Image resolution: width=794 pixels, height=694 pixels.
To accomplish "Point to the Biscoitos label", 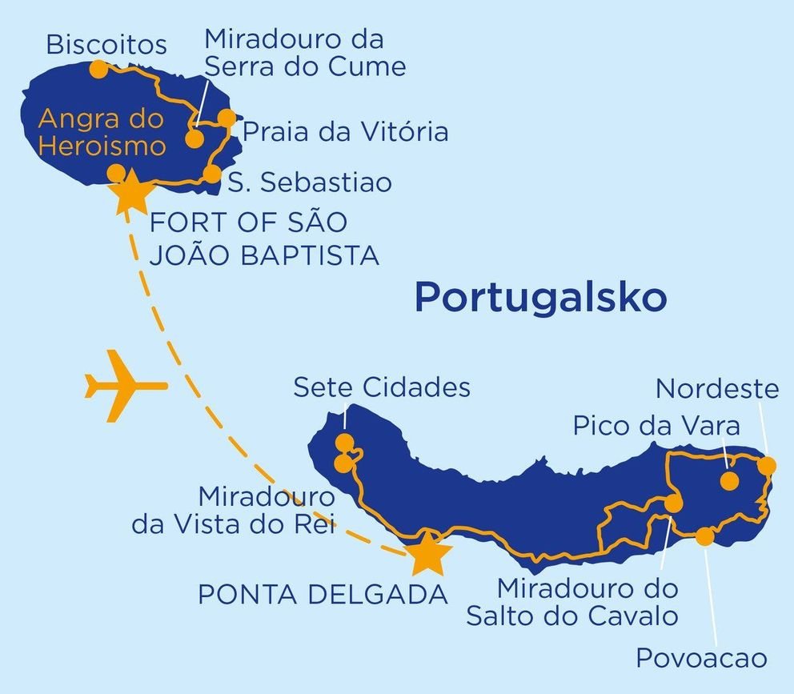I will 106,45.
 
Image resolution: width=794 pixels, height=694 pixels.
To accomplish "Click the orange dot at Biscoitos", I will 98,70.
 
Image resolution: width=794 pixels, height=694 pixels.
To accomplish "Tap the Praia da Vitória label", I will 345,132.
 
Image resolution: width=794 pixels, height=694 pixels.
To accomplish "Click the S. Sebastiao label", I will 311,183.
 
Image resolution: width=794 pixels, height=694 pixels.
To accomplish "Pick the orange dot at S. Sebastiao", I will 211,174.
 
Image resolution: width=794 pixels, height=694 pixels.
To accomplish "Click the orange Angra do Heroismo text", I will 102,133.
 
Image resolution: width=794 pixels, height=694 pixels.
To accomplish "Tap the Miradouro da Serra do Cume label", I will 304,53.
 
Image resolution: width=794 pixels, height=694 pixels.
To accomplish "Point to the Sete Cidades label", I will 382,387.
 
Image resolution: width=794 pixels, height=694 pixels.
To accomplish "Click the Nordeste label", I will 717,390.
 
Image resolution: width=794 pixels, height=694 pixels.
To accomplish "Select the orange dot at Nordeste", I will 767,465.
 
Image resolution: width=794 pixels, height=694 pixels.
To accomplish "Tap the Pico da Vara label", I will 656,426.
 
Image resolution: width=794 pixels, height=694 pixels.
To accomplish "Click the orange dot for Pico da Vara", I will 729,480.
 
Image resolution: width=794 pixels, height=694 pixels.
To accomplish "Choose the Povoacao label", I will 701,659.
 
